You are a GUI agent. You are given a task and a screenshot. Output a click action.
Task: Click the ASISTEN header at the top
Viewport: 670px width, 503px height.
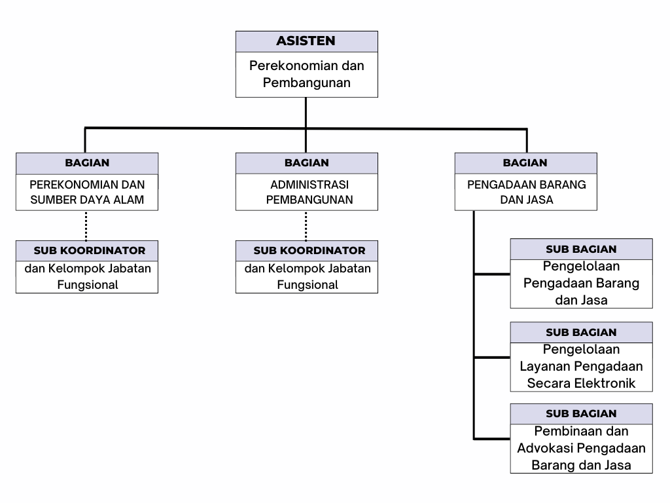pos(306,41)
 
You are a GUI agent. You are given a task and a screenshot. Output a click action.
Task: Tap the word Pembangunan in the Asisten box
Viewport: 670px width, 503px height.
pos(306,83)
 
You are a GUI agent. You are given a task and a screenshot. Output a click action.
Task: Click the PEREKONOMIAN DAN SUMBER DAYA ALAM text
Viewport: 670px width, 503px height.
pos(87,192)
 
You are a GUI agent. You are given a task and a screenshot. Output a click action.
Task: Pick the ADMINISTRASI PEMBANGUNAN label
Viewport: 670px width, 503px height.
pos(309,192)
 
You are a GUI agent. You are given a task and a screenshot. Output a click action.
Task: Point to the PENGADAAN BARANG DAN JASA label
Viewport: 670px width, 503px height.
pos(527,192)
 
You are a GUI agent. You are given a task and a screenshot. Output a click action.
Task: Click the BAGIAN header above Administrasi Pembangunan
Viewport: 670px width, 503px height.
pos(307,163)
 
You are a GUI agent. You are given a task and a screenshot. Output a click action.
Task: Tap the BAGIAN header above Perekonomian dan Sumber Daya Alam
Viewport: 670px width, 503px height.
pos(87,163)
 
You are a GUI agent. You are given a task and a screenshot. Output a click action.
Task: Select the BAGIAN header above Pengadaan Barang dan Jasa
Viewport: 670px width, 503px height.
pos(525,163)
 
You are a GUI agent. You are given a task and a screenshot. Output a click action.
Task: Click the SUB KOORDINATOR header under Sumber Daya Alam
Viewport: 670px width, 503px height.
pos(90,251)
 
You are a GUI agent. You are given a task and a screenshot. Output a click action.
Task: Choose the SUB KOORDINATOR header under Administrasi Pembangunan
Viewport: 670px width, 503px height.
pos(309,251)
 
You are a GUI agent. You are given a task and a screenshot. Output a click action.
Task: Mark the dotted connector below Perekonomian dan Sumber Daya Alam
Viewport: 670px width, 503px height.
pos(86,225)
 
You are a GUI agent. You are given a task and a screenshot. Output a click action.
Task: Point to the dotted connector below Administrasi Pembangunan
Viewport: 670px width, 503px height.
pos(306,225)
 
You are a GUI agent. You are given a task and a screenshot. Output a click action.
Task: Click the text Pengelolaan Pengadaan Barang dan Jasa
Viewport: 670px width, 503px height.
pos(581,283)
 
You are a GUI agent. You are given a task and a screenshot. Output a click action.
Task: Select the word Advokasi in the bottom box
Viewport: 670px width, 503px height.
pos(544,448)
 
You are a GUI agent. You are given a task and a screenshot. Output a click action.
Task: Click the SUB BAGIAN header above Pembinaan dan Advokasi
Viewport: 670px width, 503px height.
pos(581,414)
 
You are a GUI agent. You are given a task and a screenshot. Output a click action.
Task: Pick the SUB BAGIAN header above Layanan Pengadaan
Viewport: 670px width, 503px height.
pos(581,333)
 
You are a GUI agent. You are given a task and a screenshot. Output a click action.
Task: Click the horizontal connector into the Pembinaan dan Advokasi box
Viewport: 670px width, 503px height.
pos(492,439)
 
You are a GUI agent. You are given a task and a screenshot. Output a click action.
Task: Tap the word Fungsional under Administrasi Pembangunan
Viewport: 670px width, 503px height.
pos(308,285)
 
